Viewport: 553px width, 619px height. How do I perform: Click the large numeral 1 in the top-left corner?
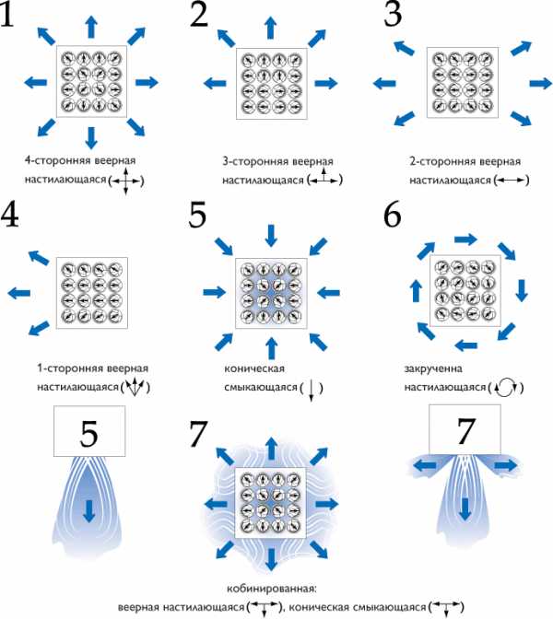click(7, 14)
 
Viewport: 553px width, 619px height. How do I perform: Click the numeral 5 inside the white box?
click(88, 434)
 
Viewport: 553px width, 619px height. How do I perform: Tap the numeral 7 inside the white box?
click(465, 431)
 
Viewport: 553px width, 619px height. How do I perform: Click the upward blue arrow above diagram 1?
click(91, 27)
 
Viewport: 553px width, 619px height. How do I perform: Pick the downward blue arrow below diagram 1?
click(91, 138)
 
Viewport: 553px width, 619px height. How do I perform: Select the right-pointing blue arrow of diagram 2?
click(326, 83)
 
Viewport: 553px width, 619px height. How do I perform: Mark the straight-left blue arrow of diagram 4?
click(19, 293)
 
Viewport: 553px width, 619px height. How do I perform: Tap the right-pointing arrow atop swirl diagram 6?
click(466, 239)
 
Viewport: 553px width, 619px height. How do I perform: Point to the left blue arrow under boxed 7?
click(425, 466)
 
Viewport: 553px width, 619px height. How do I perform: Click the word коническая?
click(254, 368)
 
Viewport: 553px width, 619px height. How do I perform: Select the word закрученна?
click(433, 368)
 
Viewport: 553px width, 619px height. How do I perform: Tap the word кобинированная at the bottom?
click(272, 589)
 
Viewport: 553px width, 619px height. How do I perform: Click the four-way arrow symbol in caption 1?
click(125, 181)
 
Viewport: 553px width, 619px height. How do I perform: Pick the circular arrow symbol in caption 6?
click(506, 388)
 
